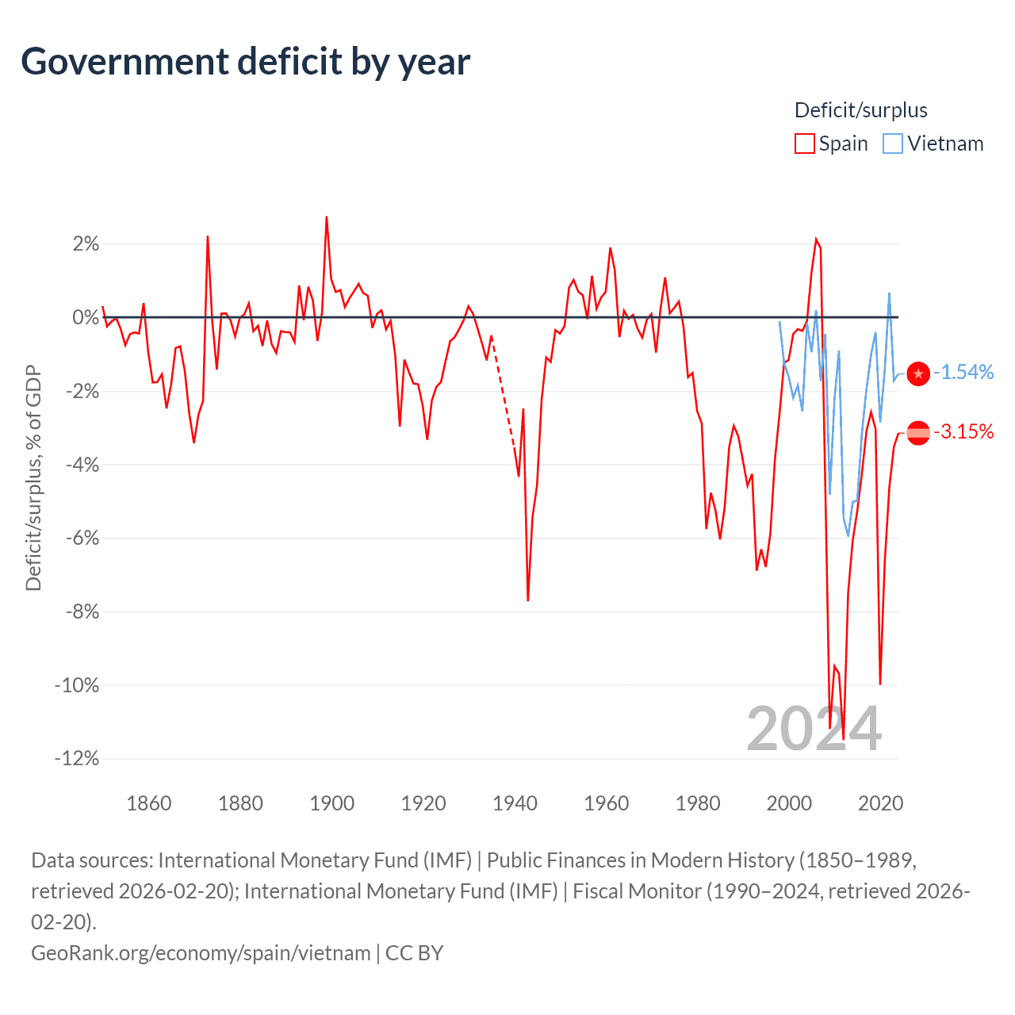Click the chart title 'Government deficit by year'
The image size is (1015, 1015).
246,62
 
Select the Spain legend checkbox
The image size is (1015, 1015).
804,144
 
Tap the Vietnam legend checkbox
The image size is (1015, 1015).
893,144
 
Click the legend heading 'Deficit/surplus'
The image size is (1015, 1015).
860,110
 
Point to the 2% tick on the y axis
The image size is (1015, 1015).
86,244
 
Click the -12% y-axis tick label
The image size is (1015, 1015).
77,759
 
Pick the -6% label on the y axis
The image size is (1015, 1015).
80,538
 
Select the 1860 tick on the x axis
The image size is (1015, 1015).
149,803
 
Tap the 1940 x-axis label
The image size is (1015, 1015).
515,803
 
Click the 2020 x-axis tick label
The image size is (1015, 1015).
880,803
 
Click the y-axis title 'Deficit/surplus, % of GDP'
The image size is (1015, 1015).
33,477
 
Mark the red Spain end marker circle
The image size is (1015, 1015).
917,432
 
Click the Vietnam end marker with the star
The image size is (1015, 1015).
917,373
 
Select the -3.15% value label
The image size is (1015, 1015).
963,432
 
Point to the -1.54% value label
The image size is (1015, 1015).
963,373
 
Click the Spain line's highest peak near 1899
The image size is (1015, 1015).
327,218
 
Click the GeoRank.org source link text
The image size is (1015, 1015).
201,952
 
